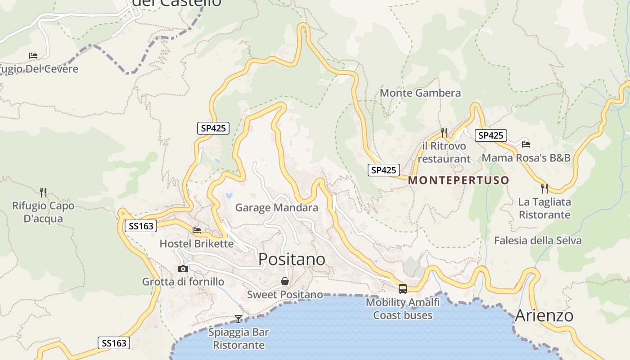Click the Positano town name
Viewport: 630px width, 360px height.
[292, 259]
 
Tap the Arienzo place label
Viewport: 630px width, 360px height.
[544, 315]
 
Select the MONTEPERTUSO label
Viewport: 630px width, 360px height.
[459, 180]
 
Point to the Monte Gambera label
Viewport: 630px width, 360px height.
[420, 93]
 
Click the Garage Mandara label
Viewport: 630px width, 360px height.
[276, 207]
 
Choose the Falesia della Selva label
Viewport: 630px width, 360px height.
[538, 241]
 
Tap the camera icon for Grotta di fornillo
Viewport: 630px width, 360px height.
[183, 269]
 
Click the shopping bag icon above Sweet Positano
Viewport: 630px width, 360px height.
[285, 281]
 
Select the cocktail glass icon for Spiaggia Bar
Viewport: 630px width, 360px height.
[238, 319]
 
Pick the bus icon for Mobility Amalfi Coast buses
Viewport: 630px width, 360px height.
[402, 289]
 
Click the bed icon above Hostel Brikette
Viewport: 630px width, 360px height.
[197, 230]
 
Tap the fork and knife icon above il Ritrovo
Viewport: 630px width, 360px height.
[444, 132]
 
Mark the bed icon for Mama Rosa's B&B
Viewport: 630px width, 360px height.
[526, 144]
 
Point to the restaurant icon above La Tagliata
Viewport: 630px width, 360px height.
[544, 188]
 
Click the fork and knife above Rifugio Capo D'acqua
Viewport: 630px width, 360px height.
[43, 193]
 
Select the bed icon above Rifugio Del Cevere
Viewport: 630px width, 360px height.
[33, 56]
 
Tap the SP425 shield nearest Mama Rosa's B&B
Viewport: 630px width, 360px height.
[490, 135]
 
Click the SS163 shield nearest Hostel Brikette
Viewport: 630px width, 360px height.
[141, 226]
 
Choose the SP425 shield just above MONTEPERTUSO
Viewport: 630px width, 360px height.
[383, 170]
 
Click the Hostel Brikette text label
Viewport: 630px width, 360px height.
[197, 244]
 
